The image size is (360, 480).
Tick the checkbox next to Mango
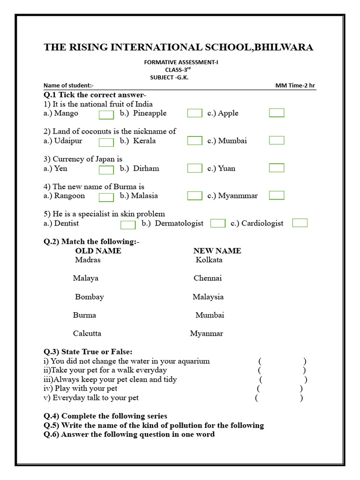pos(106,115)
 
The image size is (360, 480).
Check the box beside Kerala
pos(195,141)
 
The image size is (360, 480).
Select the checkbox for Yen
pos(106,170)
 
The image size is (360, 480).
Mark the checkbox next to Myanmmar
pos(277,195)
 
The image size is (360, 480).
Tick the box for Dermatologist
pos(218,223)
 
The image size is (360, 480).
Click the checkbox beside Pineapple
pos(195,113)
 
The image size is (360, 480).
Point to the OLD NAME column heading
pos(98,251)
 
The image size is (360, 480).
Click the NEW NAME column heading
pos(217,251)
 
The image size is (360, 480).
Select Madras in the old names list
pos(88,260)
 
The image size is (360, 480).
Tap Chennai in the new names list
pos(208,278)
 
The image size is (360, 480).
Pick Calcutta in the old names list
pos(87,333)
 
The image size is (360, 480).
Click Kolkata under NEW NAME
pos(209,260)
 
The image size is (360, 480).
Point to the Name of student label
pos(68,85)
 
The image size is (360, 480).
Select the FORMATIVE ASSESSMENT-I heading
pos(181,62)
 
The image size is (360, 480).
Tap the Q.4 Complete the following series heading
pos(105,416)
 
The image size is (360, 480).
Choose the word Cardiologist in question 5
pos(262,223)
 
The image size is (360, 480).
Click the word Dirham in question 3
pos(146,168)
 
